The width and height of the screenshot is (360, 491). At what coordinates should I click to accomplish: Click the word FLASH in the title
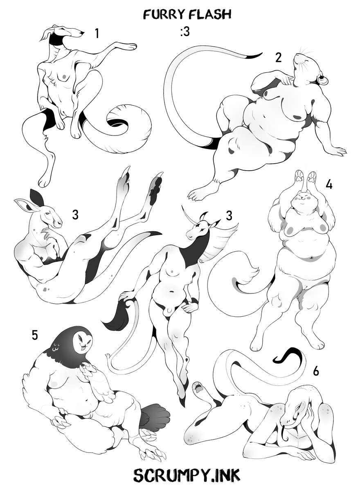click(211, 15)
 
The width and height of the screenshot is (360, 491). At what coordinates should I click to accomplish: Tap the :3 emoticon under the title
click(185, 33)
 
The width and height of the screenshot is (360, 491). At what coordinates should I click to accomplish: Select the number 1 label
click(97, 34)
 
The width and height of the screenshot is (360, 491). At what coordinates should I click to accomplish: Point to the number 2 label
click(278, 57)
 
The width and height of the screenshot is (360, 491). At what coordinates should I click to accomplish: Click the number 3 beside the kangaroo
click(75, 214)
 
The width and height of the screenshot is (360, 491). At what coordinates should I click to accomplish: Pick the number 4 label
click(329, 185)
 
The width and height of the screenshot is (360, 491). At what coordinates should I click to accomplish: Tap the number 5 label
click(35, 336)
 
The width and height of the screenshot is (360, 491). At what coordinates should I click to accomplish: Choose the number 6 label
click(316, 371)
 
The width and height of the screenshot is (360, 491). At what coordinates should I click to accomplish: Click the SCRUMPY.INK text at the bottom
click(187, 475)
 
